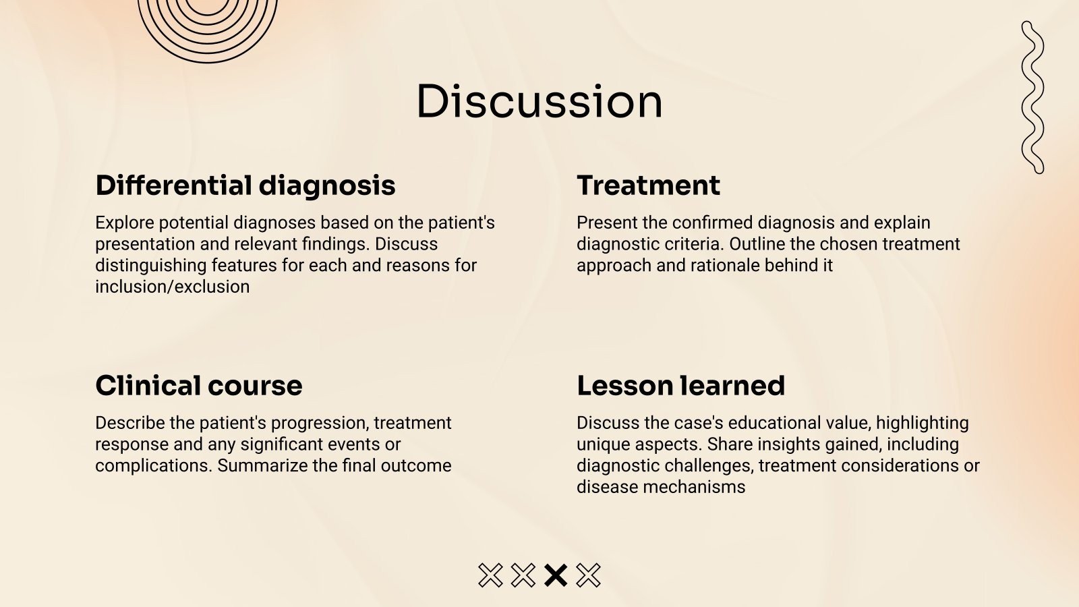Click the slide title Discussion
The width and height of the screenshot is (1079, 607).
539,102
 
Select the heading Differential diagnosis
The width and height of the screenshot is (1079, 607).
245,185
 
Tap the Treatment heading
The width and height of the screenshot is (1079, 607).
648,185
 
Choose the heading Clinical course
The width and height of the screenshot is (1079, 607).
199,386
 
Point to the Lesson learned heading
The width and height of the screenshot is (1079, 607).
680,386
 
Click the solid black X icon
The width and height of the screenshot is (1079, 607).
556,575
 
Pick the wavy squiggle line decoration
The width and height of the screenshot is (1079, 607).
1032,98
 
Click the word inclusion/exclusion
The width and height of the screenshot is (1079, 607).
172,287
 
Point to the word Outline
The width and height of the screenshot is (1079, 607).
755,243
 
